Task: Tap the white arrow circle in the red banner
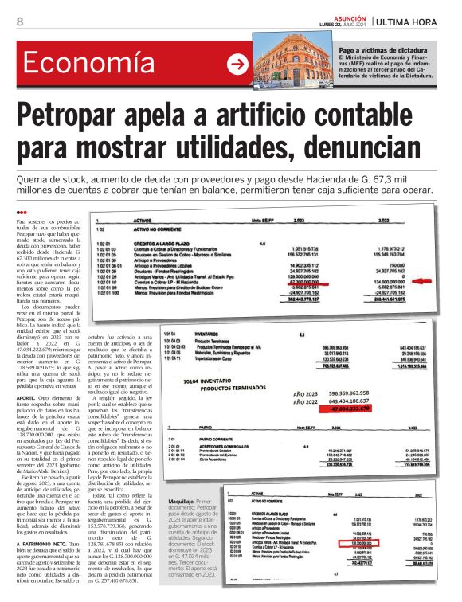tap(237, 64)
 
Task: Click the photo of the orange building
tap(294, 63)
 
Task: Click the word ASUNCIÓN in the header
tap(346, 16)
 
